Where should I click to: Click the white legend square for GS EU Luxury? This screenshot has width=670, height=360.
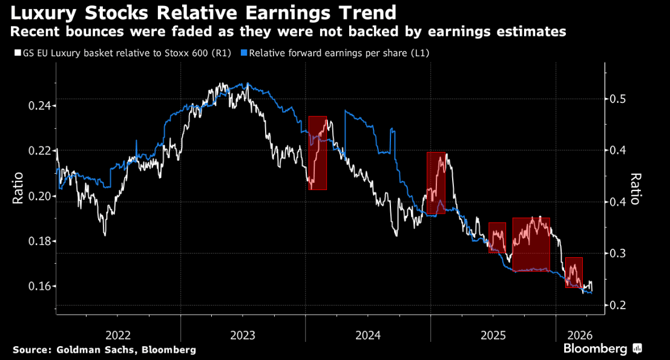point(16,53)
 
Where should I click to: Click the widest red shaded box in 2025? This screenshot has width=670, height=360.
point(531,244)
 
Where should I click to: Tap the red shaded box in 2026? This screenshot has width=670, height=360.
point(574,272)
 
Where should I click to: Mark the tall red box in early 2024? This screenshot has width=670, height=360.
point(317,152)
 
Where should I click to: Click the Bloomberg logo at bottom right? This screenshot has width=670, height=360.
point(602,349)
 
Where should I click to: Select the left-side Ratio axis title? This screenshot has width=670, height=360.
point(18,188)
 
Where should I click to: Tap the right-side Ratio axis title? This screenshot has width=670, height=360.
point(636,189)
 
